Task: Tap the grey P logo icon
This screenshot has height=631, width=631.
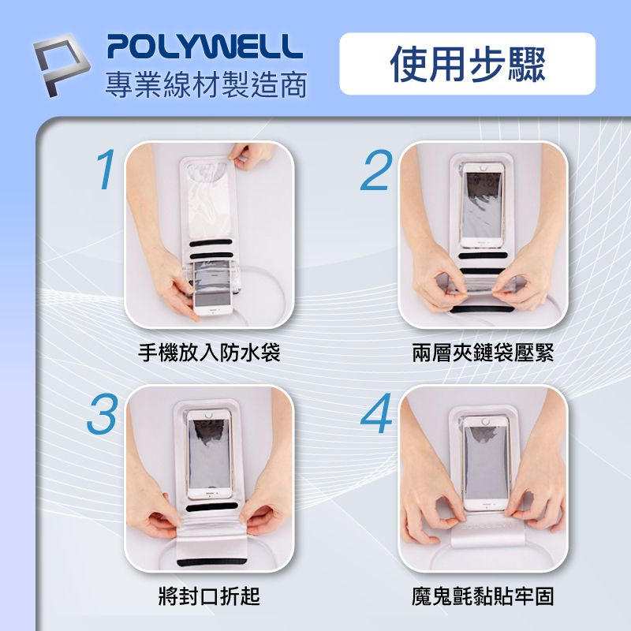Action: click(63, 62)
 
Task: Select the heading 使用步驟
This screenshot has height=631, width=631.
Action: click(467, 64)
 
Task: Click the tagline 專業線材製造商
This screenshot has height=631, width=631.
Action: click(206, 85)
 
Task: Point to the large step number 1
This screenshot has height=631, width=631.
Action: click(104, 169)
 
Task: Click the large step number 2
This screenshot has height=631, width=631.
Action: click(376, 169)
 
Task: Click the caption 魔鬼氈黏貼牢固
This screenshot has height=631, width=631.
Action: click(483, 596)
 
